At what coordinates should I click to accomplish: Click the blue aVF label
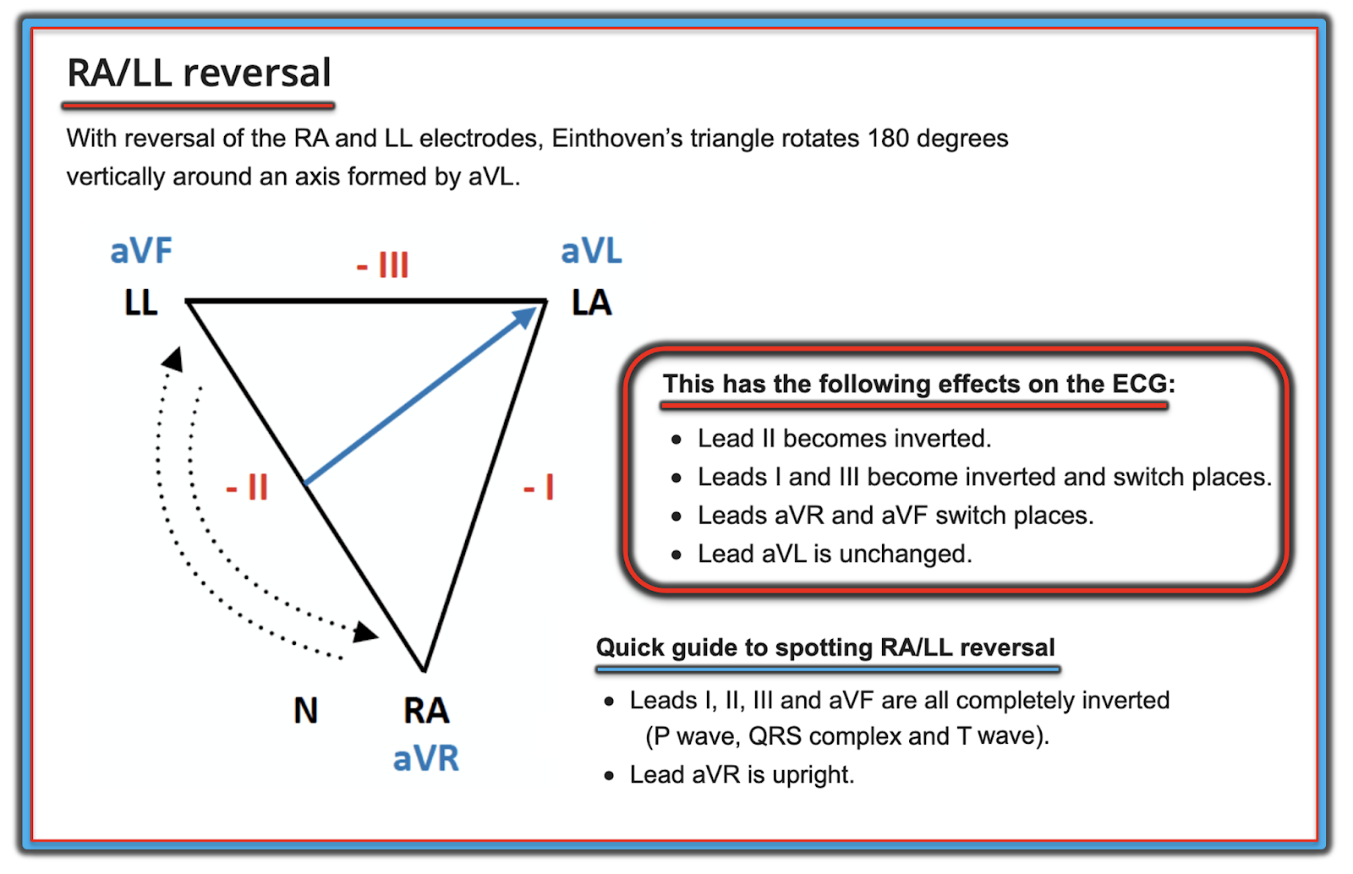pyautogui.click(x=141, y=251)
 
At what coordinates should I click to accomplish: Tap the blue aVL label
pyautogui.click(x=591, y=251)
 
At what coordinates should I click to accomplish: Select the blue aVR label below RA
pyautogui.click(x=426, y=758)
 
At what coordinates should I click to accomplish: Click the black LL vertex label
pyautogui.click(x=140, y=303)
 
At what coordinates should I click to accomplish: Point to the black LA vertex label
pyautogui.click(x=591, y=303)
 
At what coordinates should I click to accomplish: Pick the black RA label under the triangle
pyautogui.click(x=426, y=710)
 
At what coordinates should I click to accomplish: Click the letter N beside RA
pyautogui.click(x=305, y=710)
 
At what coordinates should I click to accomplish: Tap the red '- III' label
pyautogui.click(x=382, y=265)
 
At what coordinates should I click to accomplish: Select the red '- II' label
pyautogui.click(x=247, y=487)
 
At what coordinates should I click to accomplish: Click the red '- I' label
pyautogui.click(x=539, y=488)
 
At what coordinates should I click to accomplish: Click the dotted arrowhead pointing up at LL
pyautogui.click(x=173, y=359)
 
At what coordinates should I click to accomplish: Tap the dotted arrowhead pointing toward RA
pyautogui.click(x=365, y=631)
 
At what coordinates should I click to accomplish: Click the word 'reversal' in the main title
pyautogui.click(x=258, y=73)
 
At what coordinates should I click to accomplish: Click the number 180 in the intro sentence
pyautogui.click(x=889, y=138)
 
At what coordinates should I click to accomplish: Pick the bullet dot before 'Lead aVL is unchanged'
pyautogui.click(x=676, y=555)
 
